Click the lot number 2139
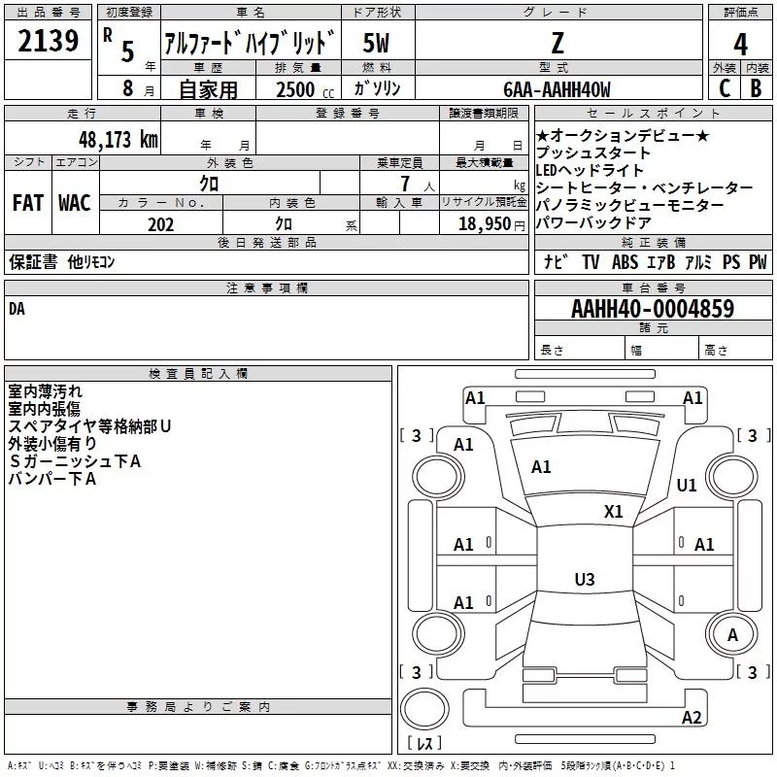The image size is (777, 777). click(48, 41)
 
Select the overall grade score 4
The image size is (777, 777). click(740, 45)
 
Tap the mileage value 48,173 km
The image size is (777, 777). click(118, 140)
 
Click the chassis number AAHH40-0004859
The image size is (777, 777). click(653, 309)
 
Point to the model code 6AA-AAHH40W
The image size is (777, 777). click(557, 89)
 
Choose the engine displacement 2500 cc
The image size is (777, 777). click(305, 89)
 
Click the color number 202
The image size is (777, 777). click(160, 224)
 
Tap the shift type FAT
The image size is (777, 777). click(28, 203)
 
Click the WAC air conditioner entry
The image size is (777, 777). click(75, 203)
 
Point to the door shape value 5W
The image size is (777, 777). click(376, 43)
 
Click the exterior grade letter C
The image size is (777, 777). click(725, 88)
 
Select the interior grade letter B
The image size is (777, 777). click(756, 88)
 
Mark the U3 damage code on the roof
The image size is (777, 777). click(585, 579)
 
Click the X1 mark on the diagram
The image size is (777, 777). click(613, 512)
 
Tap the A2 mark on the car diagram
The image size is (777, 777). click(692, 718)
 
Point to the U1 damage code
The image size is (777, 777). click(687, 485)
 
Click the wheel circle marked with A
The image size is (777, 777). click(732, 635)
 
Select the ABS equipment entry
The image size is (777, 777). click(625, 261)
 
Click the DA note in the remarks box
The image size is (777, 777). click(17, 309)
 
